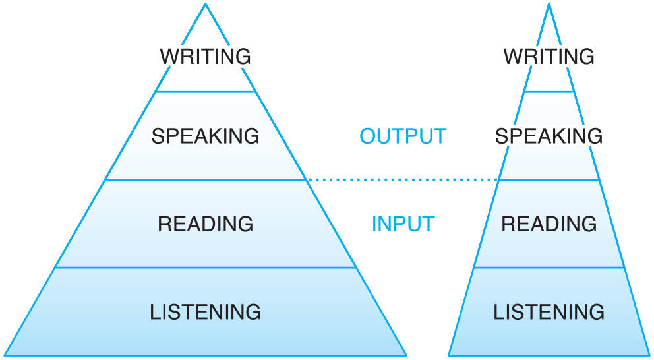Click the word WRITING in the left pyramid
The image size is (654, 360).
click(205, 56)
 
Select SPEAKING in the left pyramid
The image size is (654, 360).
click(205, 136)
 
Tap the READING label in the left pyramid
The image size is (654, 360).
click(205, 224)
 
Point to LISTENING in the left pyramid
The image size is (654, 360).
click(205, 311)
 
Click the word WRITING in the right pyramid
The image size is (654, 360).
click(549, 56)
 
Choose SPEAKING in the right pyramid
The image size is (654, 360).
click(549, 136)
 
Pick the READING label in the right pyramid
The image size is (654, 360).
click(549, 224)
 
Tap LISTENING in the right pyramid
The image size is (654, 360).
click(549, 311)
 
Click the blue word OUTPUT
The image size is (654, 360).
click(403, 136)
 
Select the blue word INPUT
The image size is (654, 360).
click(403, 224)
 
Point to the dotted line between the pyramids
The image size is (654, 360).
click(402, 179)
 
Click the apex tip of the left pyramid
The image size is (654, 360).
click(205, 4)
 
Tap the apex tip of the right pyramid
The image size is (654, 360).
click(549, 4)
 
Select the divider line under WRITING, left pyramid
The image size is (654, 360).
click(205, 92)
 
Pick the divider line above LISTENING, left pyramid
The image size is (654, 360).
click(205, 268)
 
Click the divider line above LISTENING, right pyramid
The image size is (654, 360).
click(549, 268)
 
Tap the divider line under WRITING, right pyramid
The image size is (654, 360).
click(549, 92)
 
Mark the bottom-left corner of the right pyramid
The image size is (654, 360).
click(449, 356)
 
